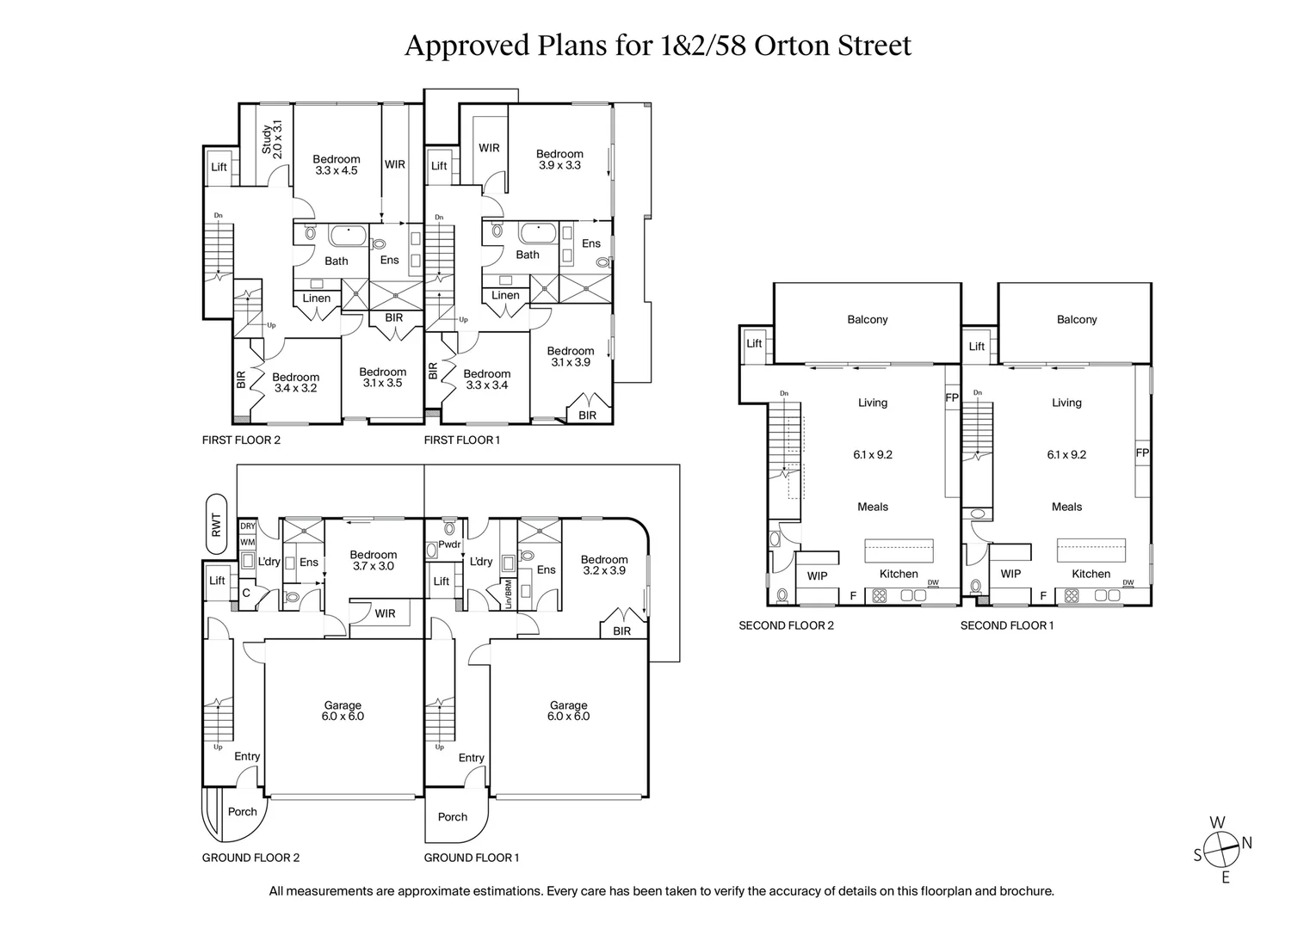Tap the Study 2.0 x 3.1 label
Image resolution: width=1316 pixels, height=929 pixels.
tap(272, 140)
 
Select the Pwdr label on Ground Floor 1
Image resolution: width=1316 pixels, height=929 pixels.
tap(449, 544)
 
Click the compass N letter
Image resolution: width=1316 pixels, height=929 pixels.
tap(1246, 843)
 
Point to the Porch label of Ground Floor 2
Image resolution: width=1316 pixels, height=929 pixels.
tap(243, 811)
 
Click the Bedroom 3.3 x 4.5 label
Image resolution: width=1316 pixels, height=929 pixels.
tap(336, 164)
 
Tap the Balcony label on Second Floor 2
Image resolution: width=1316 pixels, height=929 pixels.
tap(867, 319)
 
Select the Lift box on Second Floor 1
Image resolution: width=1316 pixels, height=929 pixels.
tap(977, 347)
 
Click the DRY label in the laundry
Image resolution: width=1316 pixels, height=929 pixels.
tap(248, 526)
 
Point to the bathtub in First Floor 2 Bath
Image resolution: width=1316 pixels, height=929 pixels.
tap(348, 235)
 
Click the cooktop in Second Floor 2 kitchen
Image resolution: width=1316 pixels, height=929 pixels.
tap(880, 594)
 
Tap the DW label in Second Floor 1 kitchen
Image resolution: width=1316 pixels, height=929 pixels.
tap(1128, 582)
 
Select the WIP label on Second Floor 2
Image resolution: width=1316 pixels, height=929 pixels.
tap(817, 575)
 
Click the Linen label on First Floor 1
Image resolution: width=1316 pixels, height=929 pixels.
tap(505, 295)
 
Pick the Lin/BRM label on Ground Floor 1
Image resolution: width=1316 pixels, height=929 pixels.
tap(509, 594)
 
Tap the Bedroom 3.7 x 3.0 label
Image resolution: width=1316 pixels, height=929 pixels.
tap(373, 560)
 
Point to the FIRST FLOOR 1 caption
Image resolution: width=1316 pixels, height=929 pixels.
tap(461, 440)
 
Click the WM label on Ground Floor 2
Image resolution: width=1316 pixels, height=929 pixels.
tap(248, 542)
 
